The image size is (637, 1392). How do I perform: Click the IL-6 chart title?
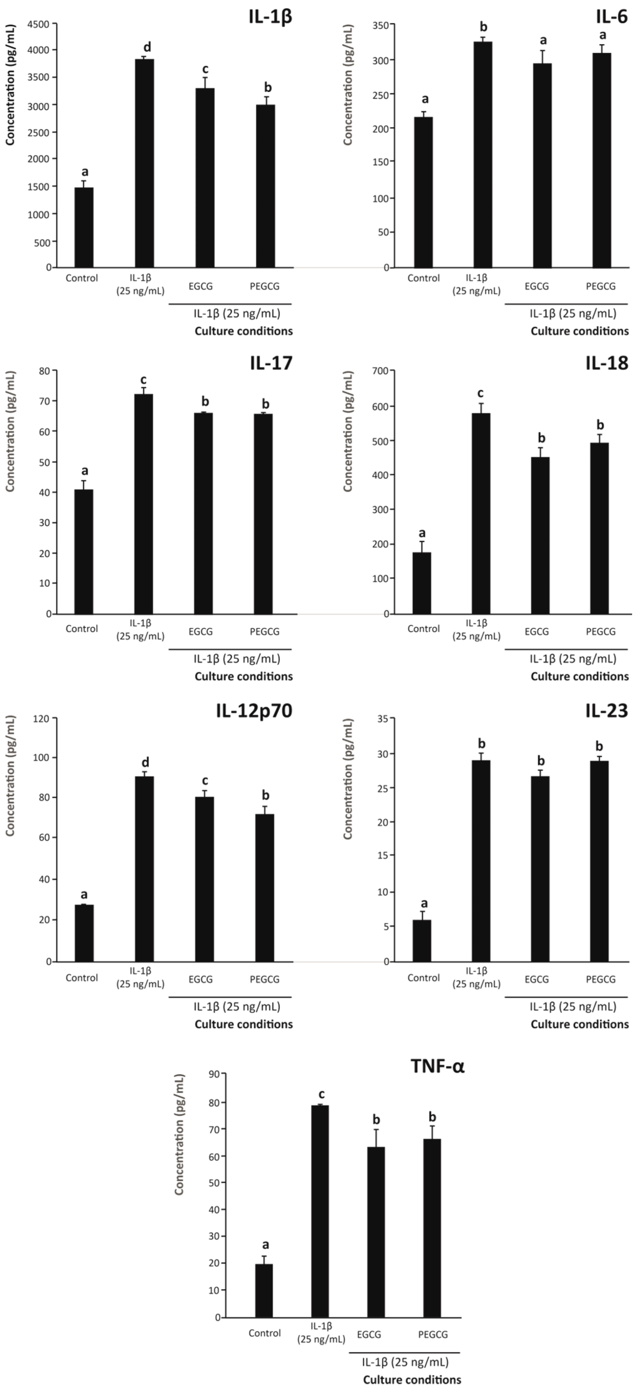611,17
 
